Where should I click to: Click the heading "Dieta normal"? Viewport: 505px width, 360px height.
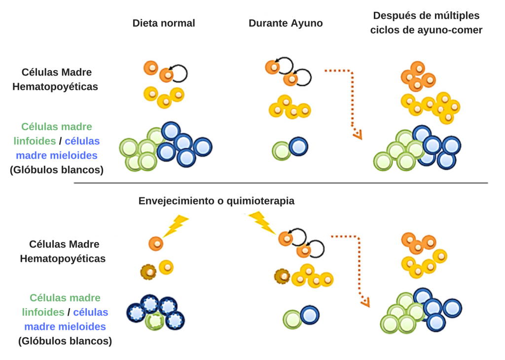pos(164,23)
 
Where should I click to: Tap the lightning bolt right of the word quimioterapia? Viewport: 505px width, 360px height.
pos(261,222)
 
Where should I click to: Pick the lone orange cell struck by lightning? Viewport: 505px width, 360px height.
pos(155,243)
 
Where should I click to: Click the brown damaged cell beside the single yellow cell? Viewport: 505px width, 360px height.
pos(147,271)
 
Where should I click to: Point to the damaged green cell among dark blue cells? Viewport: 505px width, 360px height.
pos(155,321)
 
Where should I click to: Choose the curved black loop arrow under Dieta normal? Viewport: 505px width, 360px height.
pos(180,73)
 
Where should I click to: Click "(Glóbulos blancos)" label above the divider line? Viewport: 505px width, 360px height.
pos(57,170)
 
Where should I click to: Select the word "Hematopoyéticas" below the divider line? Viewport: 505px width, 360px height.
pos(63,258)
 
